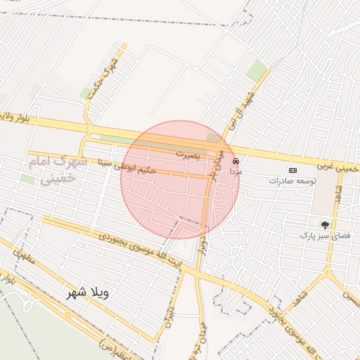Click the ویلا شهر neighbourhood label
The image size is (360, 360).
pyautogui.click(x=89, y=292)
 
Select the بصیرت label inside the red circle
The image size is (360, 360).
pyautogui.click(x=188, y=153)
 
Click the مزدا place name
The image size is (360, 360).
pyautogui.click(x=235, y=171)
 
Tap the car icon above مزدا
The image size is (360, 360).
pyautogui.click(x=235, y=161)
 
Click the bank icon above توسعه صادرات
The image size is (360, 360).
pyautogui.click(x=292, y=170)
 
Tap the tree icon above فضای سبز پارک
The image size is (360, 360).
pyautogui.click(x=324, y=225)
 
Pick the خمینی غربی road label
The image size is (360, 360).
pyautogui.click(x=337, y=167)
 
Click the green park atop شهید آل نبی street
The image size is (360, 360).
pyautogui.click(x=257, y=70)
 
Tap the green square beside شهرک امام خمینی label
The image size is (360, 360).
pyautogui.click(x=28, y=180)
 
